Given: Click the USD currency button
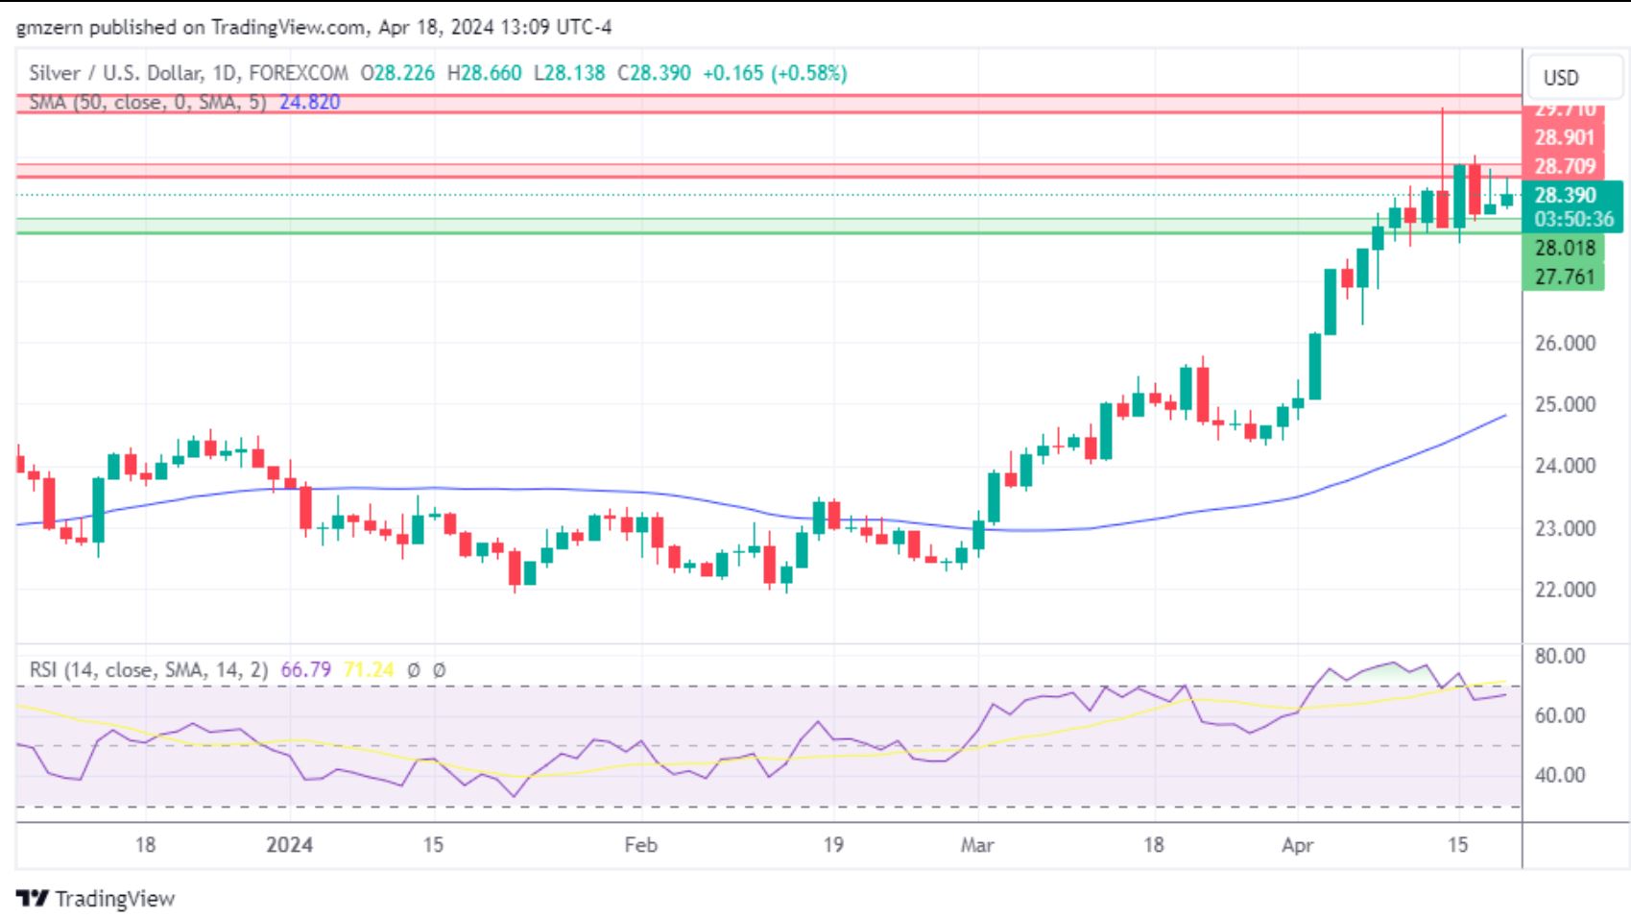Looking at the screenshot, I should point(1560,78).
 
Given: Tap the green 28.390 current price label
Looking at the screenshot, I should point(1565,195).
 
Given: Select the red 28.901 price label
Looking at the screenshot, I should point(1564,137).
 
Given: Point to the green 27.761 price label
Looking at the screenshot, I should point(1564,277).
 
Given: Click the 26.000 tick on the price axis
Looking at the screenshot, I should point(1565,343).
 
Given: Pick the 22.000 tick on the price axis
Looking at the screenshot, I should point(1565,590).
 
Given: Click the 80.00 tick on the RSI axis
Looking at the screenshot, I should point(1560,657).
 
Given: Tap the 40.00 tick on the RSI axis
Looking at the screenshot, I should point(1560,775).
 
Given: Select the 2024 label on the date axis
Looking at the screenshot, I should point(289,845).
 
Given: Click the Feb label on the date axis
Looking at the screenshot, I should point(640,845).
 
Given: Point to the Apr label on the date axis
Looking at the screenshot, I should point(1297,845).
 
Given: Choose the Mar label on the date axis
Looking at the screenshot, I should point(977,845).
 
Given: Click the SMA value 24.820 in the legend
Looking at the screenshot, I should point(309,102).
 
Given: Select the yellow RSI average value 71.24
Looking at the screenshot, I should point(368,669).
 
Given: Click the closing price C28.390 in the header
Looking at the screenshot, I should point(654,73).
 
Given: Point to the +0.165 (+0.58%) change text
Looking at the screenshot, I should point(775,73).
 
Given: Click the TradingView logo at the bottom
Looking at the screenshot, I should point(96,899).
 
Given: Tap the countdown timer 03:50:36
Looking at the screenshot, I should point(1573,219).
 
